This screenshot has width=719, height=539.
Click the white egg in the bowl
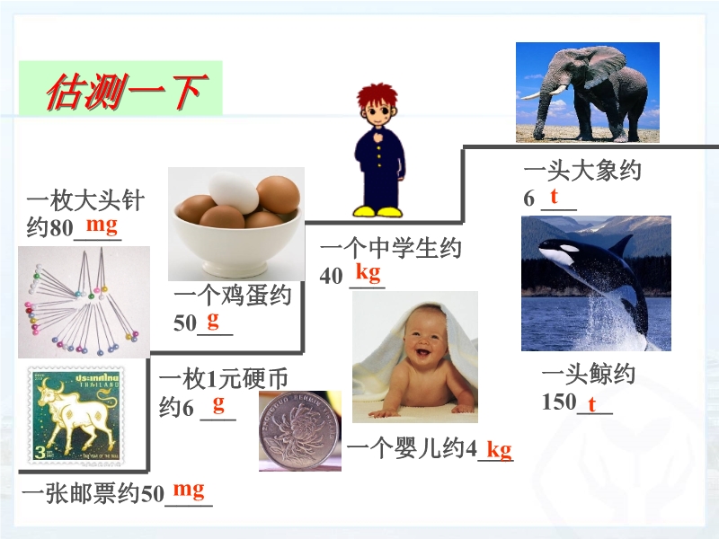(x=234, y=192)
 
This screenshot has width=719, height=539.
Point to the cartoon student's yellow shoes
(x=377, y=212)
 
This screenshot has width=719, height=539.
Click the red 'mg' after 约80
(x=102, y=225)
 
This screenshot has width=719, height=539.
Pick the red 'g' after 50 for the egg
(x=213, y=321)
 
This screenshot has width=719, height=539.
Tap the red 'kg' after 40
(x=368, y=272)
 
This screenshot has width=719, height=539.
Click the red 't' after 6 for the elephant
(x=554, y=196)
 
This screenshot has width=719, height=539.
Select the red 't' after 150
(x=592, y=404)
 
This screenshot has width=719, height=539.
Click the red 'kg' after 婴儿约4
(x=499, y=450)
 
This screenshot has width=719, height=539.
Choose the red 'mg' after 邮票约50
(x=189, y=490)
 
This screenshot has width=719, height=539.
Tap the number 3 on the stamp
(x=40, y=453)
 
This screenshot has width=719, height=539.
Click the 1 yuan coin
(x=299, y=430)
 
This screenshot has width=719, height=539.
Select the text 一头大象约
(x=582, y=171)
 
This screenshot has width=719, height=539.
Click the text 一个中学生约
(x=391, y=249)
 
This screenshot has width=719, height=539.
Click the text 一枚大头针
(x=85, y=200)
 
